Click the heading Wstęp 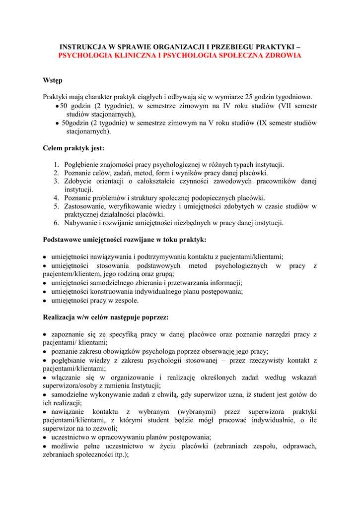point(53,80)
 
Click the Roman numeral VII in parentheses point(287,106)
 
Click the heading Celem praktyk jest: point(73,148)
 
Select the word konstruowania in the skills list point(112,292)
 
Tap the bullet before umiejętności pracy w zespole point(45,301)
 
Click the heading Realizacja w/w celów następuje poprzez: point(106,317)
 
